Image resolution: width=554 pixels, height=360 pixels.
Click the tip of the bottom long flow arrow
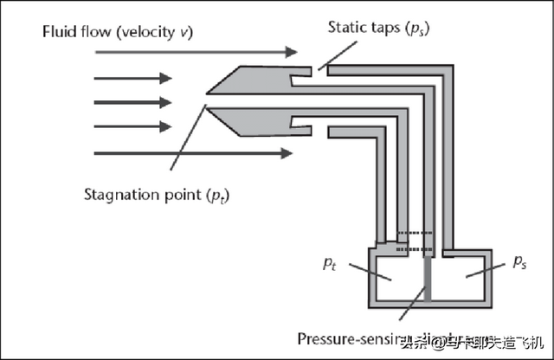point(293,153)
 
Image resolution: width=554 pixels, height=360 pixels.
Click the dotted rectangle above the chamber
point(415,241)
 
